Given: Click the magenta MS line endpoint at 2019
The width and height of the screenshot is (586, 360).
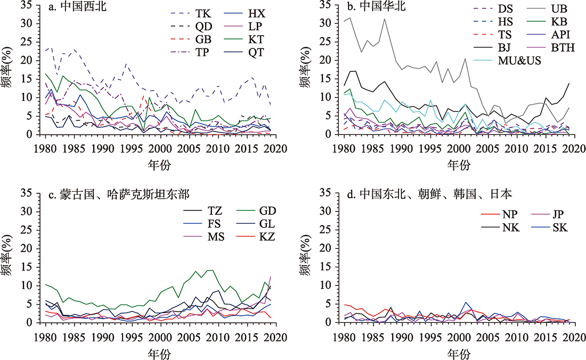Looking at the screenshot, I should click(271, 276).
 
